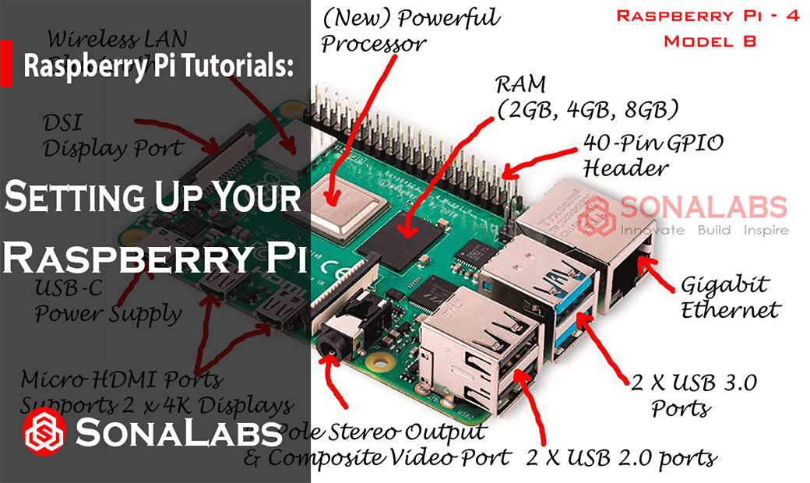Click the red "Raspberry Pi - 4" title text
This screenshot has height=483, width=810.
[x=707, y=16]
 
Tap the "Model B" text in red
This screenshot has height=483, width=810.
[x=708, y=41]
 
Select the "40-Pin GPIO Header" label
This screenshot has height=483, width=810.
[x=653, y=155]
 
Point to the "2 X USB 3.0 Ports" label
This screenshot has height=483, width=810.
[x=692, y=394]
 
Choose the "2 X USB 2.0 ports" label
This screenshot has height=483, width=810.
[x=621, y=457]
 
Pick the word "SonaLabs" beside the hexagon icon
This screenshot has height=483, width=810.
[x=179, y=432]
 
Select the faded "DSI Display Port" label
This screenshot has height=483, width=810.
[x=113, y=135]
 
